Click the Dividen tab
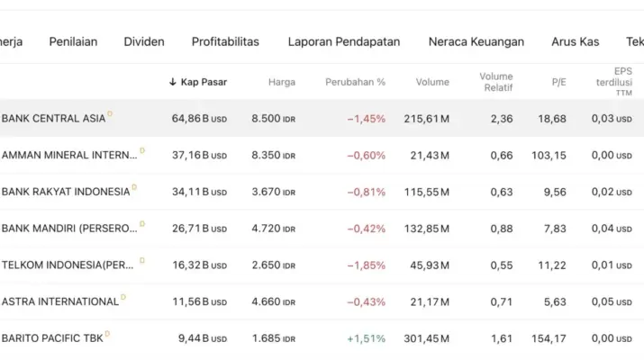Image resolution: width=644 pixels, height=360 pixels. [144, 41]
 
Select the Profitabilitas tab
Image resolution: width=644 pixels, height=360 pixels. [225, 41]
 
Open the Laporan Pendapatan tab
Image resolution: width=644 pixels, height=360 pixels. [344, 41]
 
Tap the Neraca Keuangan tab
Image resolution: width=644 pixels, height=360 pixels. [476, 41]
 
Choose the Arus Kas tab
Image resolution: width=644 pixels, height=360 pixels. [575, 41]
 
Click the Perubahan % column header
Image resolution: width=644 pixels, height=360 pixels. [355, 82]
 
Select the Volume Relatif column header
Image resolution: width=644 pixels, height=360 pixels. [495, 82]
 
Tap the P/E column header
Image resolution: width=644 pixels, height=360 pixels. [558, 82]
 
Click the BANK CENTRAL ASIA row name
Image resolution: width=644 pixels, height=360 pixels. [54, 119]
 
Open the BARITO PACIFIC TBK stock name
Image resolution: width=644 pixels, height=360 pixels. [51, 338]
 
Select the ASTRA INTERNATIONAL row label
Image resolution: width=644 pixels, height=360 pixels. [60, 301]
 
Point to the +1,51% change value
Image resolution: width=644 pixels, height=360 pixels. [366, 338]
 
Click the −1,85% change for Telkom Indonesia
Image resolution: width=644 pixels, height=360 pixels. [366, 265]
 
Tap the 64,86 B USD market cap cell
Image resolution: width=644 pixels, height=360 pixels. [199, 119]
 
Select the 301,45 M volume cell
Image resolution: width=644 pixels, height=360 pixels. [427, 338]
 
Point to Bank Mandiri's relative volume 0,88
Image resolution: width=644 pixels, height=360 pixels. [502, 229]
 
